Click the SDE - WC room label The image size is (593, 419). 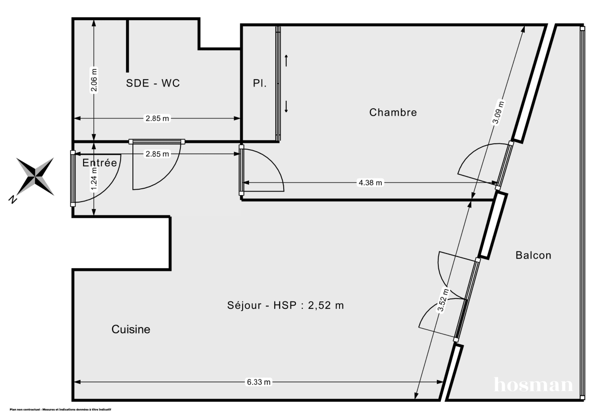(153, 84)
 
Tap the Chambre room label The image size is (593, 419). (393, 113)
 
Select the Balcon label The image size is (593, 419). (533, 255)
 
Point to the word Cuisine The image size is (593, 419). (130, 330)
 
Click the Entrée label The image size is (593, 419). (100, 163)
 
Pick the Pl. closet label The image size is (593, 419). (260, 84)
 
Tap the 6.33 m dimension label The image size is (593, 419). (258, 382)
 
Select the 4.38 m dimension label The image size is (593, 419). (370, 182)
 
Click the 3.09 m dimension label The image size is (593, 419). (500, 114)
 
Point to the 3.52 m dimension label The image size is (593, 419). (443, 301)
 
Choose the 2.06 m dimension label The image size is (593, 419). (94, 79)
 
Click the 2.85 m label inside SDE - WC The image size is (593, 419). (157, 119)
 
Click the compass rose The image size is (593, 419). (36, 176)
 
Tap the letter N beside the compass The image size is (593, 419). (13, 199)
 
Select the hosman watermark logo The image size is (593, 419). (533, 384)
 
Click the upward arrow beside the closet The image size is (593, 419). (286, 61)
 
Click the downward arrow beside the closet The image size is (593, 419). (286, 106)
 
